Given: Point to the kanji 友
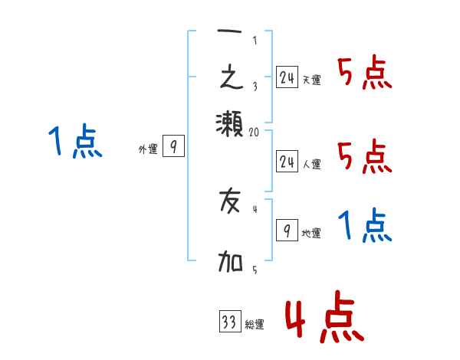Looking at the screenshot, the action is click(x=230, y=203).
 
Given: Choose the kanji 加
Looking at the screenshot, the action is click(x=230, y=263).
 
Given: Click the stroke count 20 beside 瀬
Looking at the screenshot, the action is click(x=255, y=133).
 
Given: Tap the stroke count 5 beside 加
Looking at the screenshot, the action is click(x=255, y=269).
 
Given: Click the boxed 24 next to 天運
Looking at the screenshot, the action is click(x=287, y=77).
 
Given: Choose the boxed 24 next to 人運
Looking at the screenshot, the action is click(x=287, y=161).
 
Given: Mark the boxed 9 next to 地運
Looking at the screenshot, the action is click(x=287, y=231).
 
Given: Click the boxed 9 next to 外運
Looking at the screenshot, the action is click(x=173, y=146).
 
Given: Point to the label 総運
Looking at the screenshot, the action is click(x=255, y=325).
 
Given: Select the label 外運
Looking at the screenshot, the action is click(x=147, y=149).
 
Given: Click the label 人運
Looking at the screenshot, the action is click(x=312, y=164).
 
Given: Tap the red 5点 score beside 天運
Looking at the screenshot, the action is click(x=365, y=74).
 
